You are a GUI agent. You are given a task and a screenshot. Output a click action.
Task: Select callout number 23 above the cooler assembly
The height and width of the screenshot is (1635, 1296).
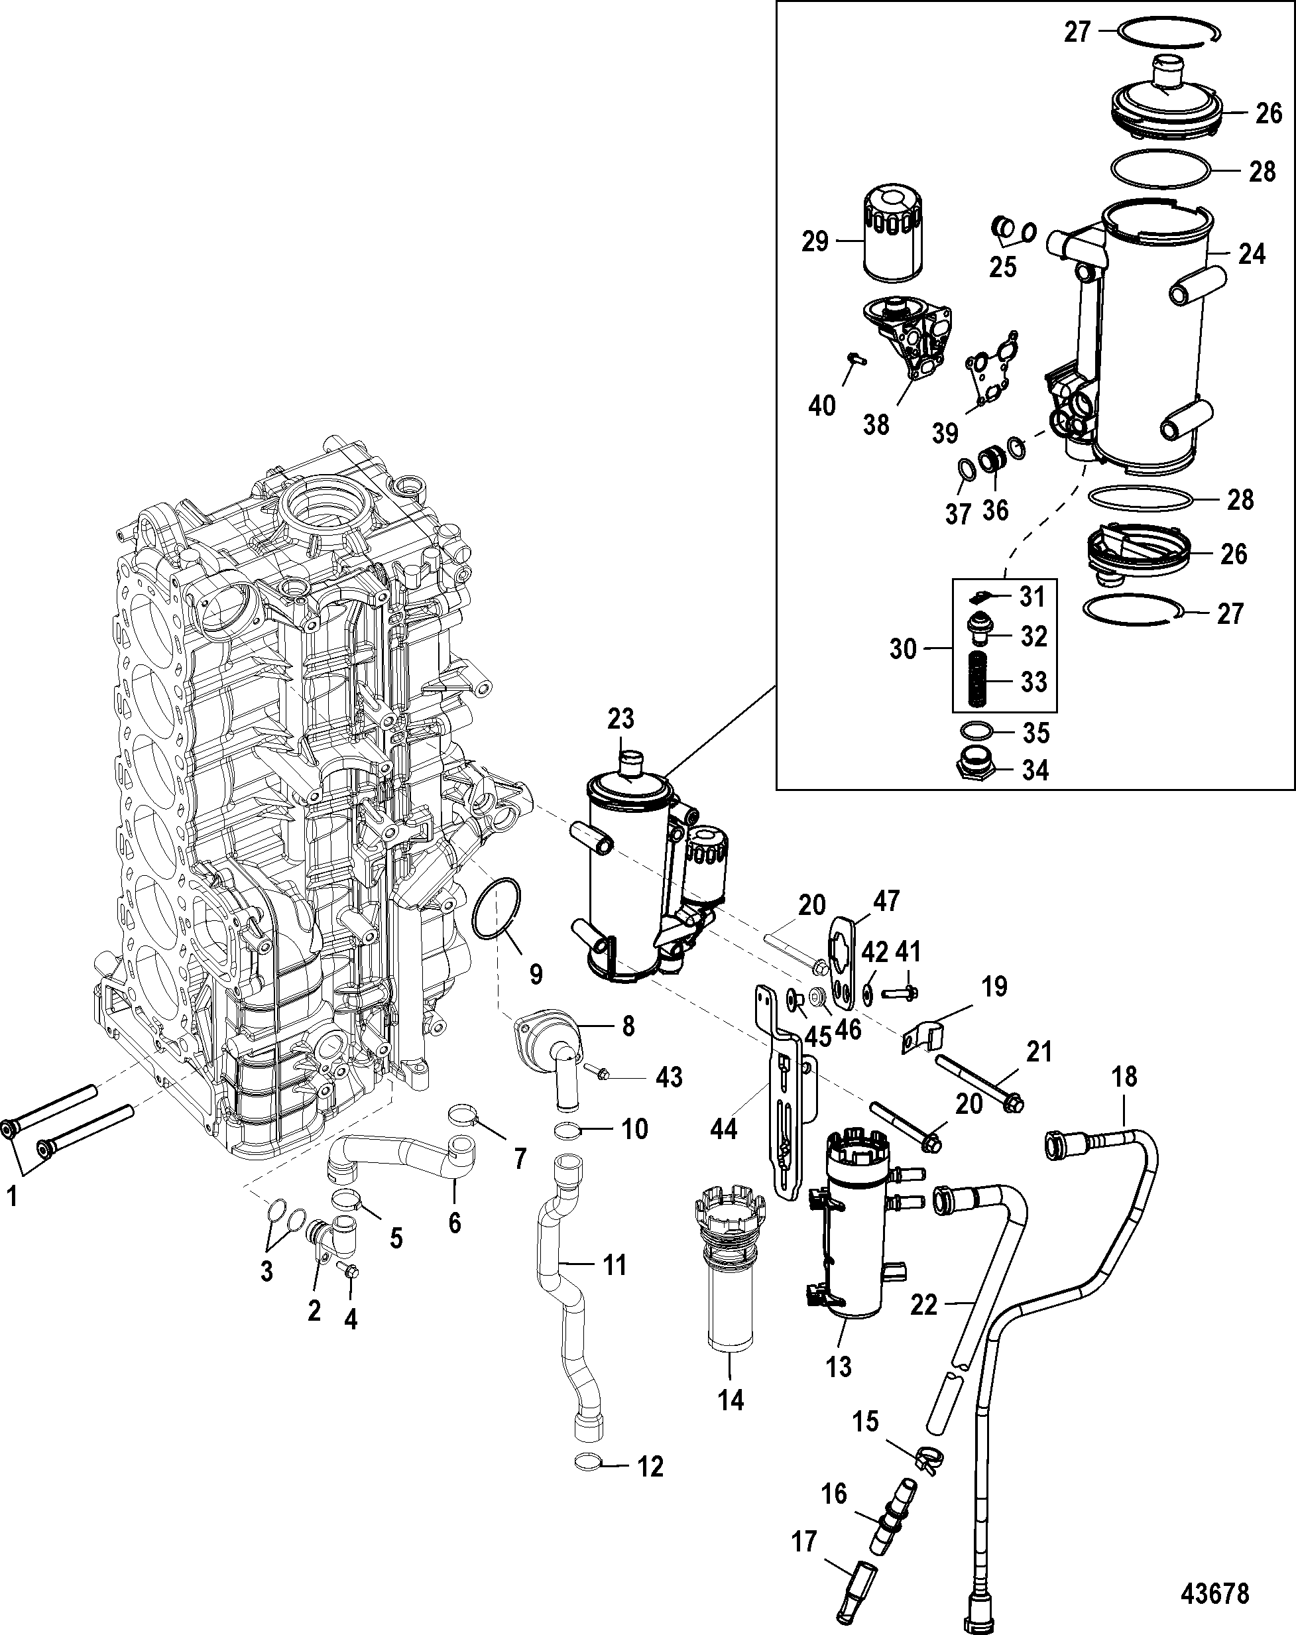620,718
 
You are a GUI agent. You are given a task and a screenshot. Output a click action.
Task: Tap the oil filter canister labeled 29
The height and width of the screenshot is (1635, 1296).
892,237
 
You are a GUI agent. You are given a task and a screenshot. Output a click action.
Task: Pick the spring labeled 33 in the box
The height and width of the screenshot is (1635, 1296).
980,681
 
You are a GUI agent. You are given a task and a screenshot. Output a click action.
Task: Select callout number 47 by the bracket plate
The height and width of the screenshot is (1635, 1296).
886,901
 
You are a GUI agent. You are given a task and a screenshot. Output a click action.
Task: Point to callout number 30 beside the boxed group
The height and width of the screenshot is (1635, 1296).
903,649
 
